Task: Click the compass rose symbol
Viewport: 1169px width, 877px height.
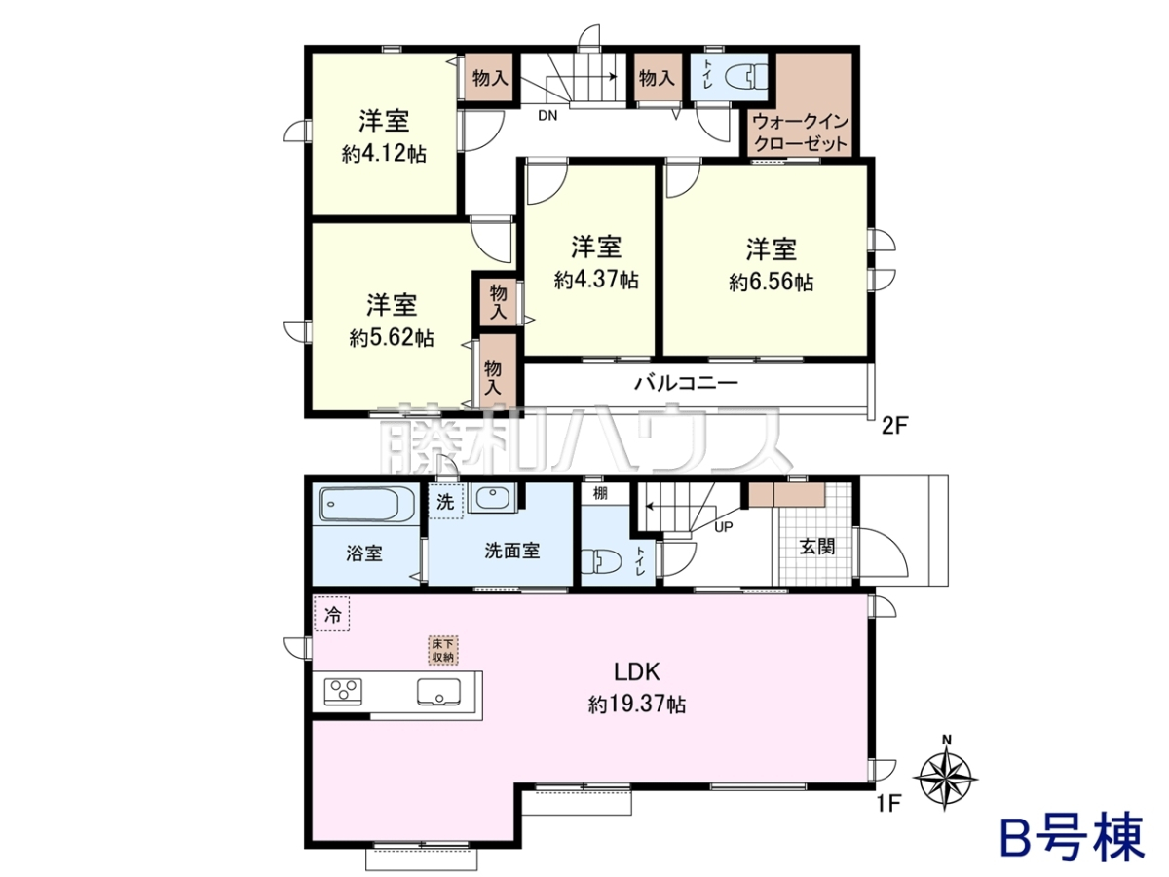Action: click(946, 778)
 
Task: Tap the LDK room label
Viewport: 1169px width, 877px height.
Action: click(637, 672)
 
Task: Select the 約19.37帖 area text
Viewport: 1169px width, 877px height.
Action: click(637, 705)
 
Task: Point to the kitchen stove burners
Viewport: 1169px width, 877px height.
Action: click(343, 692)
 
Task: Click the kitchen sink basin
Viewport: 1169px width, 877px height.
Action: click(438, 692)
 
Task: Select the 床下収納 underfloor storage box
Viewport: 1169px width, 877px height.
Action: click(443, 650)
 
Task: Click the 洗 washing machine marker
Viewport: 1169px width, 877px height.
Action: click(446, 502)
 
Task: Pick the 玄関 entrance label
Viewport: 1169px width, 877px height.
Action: click(817, 547)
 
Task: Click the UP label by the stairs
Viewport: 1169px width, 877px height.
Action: click(723, 527)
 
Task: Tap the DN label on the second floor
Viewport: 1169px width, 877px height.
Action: click(547, 115)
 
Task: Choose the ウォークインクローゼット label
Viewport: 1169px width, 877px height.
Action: click(801, 133)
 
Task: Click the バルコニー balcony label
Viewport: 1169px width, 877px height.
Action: click(686, 383)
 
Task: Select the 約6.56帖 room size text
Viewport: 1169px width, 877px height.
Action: click(772, 282)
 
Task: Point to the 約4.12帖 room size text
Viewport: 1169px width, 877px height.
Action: click(384, 154)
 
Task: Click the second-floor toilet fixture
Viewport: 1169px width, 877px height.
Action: click(746, 77)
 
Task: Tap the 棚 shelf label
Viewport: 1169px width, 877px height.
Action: click(600, 493)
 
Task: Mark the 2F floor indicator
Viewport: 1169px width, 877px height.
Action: click(894, 426)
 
